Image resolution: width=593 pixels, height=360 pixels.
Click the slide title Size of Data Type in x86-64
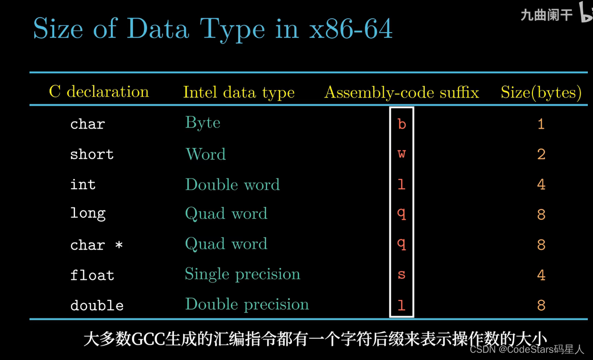(x=213, y=28)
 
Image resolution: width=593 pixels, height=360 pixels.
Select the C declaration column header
(x=99, y=92)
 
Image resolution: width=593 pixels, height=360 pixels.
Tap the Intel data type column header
(x=239, y=93)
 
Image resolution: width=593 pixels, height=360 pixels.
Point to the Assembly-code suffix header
(x=402, y=93)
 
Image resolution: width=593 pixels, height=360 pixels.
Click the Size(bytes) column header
(x=541, y=93)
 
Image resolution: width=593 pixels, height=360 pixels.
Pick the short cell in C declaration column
(x=92, y=154)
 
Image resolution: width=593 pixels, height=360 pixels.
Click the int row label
(x=83, y=184)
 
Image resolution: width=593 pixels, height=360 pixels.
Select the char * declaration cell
(x=96, y=245)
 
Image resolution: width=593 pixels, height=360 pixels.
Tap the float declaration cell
(x=92, y=275)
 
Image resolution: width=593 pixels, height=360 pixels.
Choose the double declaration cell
(x=97, y=305)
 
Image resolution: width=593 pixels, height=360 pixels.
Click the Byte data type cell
(x=203, y=123)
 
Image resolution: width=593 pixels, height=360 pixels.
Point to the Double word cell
(x=232, y=184)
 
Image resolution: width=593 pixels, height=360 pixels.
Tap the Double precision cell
(x=247, y=305)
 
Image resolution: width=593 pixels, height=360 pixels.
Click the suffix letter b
(x=402, y=124)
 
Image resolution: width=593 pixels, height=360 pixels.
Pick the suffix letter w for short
(x=402, y=154)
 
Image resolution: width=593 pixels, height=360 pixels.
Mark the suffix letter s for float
(x=402, y=275)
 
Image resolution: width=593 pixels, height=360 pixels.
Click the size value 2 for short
(x=541, y=154)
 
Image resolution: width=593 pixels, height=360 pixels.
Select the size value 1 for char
(x=541, y=124)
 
